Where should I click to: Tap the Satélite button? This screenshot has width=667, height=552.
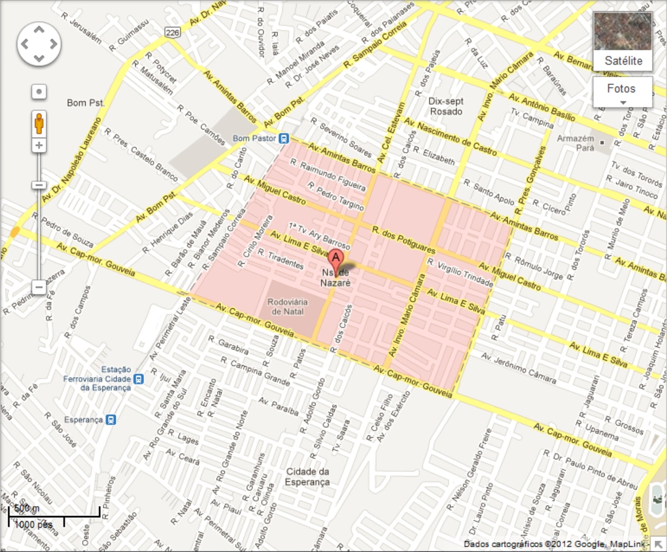click(623, 41)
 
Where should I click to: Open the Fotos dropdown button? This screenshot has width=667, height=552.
click(622, 92)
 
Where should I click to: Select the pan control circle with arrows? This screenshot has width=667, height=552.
click(39, 44)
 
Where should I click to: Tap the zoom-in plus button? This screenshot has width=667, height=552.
click(39, 145)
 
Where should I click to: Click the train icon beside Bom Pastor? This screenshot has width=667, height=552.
click(283, 138)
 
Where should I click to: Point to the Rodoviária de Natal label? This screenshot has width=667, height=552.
click(287, 307)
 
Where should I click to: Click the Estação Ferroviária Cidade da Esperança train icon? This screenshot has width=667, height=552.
click(138, 379)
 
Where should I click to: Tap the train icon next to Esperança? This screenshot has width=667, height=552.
click(110, 419)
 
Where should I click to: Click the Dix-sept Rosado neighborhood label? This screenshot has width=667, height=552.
click(446, 106)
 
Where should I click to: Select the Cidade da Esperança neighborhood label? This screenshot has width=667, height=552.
click(307, 476)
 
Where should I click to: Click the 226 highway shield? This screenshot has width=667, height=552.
click(172, 33)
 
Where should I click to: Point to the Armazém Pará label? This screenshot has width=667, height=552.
click(575, 143)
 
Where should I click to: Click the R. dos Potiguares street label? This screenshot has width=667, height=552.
click(404, 240)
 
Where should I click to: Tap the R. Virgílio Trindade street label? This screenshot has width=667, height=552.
click(460, 272)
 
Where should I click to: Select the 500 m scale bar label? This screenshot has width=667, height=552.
click(27, 508)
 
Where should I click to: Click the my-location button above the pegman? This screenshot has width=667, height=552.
click(39, 92)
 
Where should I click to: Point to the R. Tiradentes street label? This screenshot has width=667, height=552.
click(280, 260)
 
